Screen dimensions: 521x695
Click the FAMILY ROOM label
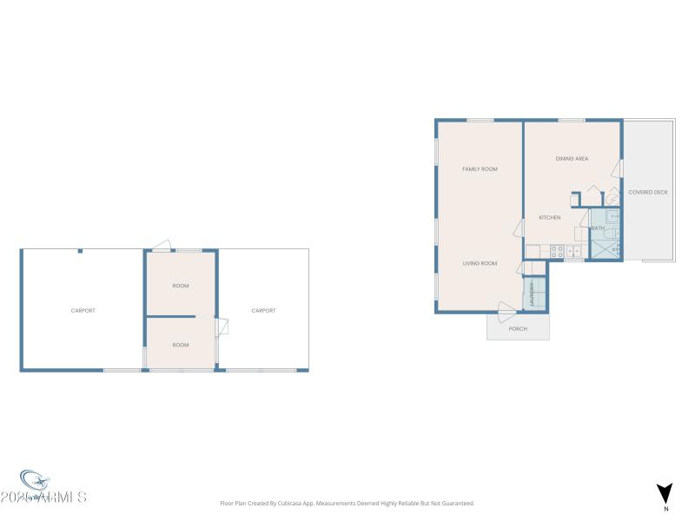480,169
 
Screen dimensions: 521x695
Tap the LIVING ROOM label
480,263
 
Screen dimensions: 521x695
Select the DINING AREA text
573,159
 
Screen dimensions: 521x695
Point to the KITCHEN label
549,217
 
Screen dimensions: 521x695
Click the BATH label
599,228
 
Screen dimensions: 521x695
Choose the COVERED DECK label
648,192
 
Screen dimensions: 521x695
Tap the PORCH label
518,329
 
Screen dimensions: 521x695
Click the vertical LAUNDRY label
531,295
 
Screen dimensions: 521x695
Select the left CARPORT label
83,310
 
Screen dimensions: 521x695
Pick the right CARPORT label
263,310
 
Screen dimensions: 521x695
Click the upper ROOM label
181,286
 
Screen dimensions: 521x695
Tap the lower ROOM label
181,345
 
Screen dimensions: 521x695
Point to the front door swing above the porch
506,307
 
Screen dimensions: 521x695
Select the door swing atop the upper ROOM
161,246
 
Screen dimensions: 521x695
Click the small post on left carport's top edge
80,252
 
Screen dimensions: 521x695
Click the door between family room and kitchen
520,228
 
